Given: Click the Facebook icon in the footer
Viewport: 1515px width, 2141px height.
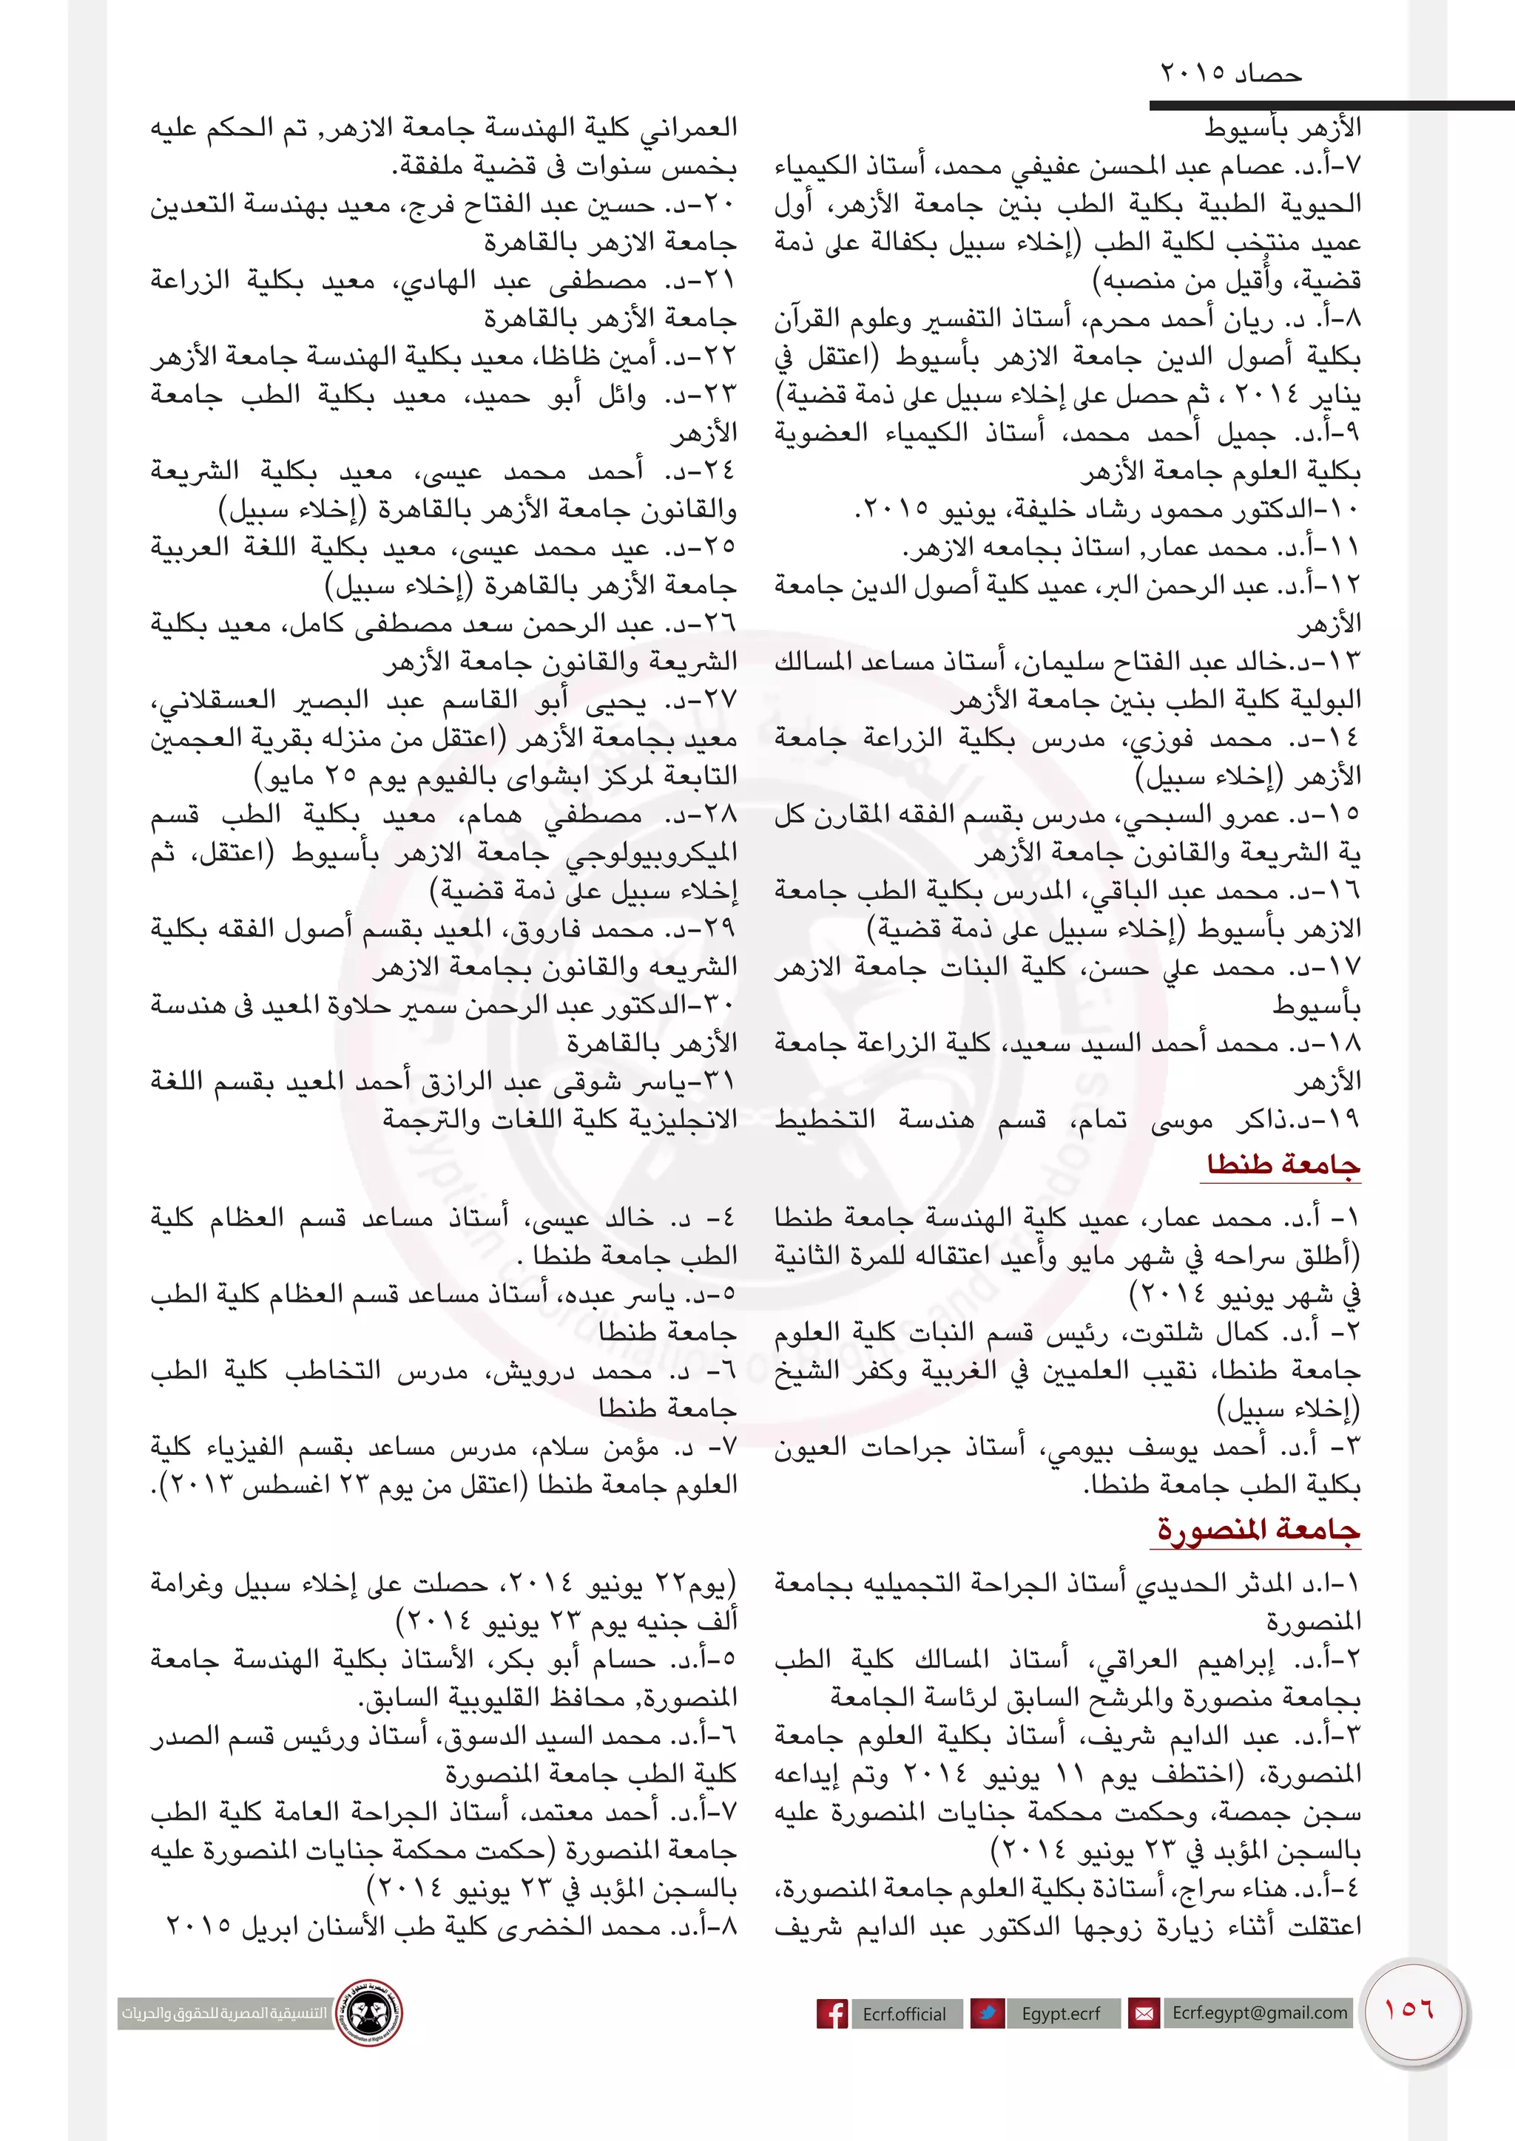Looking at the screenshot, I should pyautogui.click(x=832, y=2013).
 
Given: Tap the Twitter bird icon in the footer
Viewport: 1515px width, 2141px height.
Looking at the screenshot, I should pyautogui.click(x=987, y=2013).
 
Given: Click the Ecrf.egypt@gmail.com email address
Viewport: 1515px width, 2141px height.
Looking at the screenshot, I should pyautogui.click(x=1259, y=2012).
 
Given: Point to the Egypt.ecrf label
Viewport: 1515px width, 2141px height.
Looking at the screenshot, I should pyautogui.click(x=1061, y=2013).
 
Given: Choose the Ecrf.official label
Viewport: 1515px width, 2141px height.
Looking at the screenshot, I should pyautogui.click(x=903, y=2014).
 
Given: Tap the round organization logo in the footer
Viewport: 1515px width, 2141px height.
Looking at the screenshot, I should pyautogui.click(x=369, y=2012).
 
